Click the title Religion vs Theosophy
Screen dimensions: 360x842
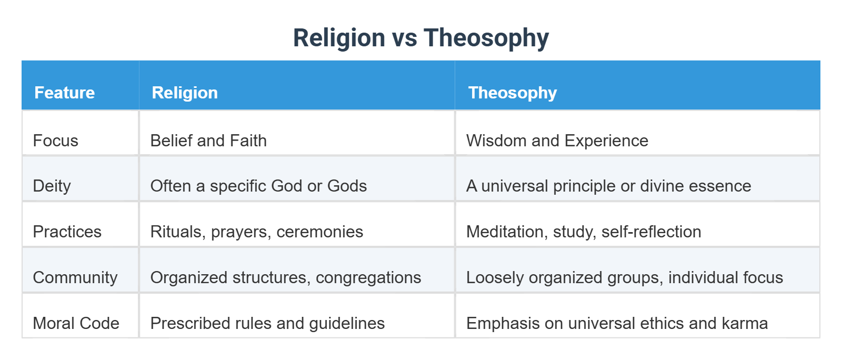pyautogui.click(x=420, y=38)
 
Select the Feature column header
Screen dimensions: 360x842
pyautogui.click(x=65, y=93)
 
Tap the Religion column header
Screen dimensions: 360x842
pyautogui.click(x=185, y=93)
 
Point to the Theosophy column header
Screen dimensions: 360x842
pyautogui.click(x=512, y=93)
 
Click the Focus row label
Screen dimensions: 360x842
pyautogui.click(x=55, y=141)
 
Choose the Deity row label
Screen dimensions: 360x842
pyautogui.click(x=52, y=186)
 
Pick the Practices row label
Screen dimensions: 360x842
pyautogui.click(x=67, y=232)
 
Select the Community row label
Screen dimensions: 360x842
pyautogui.click(x=75, y=277)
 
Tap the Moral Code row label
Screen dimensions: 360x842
pyautogui.click(x=76, y=323)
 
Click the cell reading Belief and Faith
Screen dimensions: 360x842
pyautogui.click(x=208, y=141)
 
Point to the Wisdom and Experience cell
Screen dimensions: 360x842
pyautogui.click(x=557, y=141)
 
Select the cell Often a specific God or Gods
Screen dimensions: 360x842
pyautogui.click(x=258, y=186)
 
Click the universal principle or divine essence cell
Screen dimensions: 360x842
pyautogui.click(x=608, y=186)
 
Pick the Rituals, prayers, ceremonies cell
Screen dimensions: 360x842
pyautogui.click(x=256, y=232)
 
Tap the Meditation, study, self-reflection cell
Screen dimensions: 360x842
pyautogui.click(x=584, y=232)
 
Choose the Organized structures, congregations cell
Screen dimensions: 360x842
pyautogui.click(x=285, y=277)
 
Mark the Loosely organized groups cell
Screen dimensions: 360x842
pyautogui.click(x=624, y=277)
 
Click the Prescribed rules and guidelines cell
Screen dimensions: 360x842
pyautogui.click(x=267, y=323)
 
